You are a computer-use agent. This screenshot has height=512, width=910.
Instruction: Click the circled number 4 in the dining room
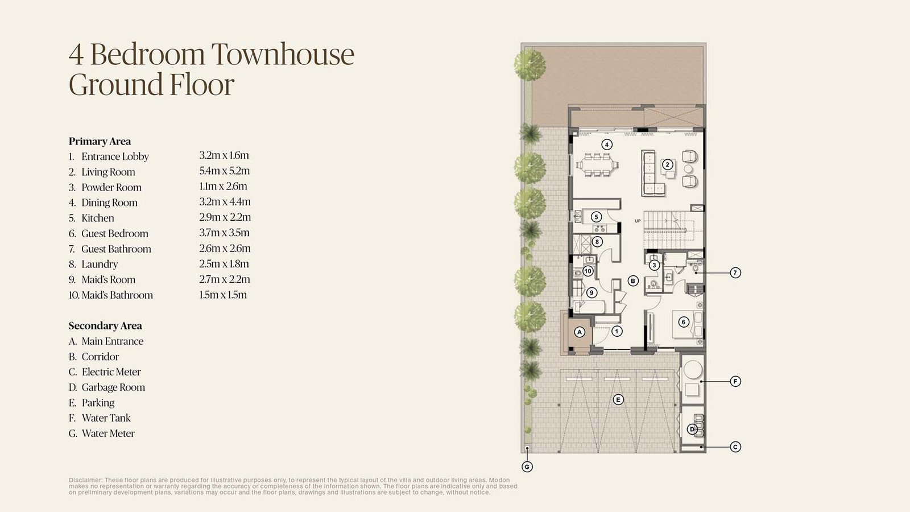point(606,144)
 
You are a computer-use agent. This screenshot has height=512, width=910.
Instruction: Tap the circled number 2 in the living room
point(667,164)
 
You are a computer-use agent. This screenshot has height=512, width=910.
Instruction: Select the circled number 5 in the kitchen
point(596,217)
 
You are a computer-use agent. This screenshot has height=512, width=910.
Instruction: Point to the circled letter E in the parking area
point(618,400)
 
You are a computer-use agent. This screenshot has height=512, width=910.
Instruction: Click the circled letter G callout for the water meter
point(527,467)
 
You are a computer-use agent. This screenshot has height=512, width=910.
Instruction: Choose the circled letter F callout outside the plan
point(735,382)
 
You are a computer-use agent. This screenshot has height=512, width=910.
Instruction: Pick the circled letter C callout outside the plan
point(735,447)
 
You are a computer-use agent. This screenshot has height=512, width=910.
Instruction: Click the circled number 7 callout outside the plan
point(735,272)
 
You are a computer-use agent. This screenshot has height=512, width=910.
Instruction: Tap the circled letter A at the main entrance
point(580,332)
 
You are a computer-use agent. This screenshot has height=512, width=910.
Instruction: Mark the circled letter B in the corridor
point(632,281)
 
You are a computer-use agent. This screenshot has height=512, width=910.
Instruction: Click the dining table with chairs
point(597,164)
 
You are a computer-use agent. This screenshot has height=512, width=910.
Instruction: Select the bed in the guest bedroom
point(688,324)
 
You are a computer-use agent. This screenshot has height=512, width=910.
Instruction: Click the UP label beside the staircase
point(638,221)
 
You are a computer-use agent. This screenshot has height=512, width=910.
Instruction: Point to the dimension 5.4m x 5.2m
point(224,171)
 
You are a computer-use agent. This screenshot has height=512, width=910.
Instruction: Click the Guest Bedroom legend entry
point(109,234)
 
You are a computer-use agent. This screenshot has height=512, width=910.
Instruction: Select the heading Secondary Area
point(105,326)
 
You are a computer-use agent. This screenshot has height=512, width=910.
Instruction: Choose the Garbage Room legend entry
point(107,387)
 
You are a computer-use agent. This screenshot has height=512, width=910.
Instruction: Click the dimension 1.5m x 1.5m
point(222,295)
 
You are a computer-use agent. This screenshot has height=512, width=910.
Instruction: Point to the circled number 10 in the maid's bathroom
point(588,271)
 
